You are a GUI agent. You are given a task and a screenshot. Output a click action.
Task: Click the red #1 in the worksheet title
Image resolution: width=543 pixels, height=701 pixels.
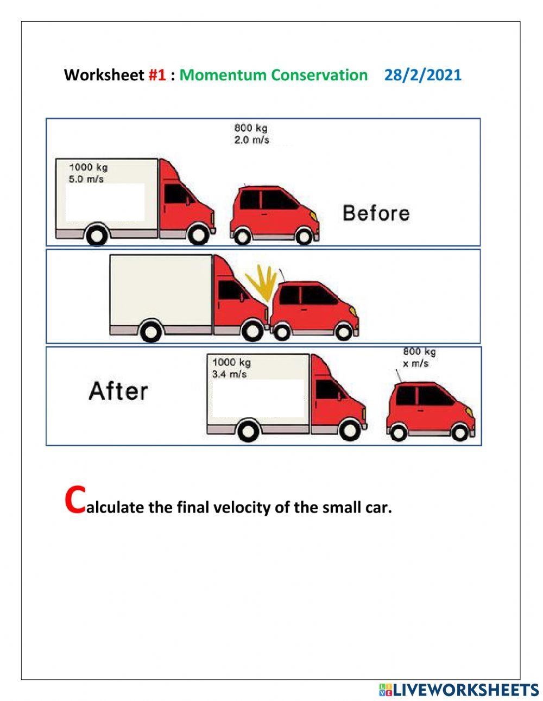[157, 75]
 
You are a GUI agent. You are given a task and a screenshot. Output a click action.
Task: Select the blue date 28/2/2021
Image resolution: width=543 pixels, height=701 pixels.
[423, 75]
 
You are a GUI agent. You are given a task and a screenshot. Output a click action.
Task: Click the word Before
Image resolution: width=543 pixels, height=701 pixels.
[376, 213]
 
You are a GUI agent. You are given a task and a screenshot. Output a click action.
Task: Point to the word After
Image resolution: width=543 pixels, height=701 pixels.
[118, 391]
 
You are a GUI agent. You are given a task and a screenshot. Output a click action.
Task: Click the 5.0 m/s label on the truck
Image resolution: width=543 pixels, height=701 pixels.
[86, 179]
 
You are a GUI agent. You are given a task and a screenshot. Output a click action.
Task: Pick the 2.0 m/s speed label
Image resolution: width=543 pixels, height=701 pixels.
[251, 140]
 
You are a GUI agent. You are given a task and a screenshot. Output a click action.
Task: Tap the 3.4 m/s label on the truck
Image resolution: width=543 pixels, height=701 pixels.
[229, 374]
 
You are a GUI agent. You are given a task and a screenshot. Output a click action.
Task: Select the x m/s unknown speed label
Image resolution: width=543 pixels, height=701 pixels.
[415, 364]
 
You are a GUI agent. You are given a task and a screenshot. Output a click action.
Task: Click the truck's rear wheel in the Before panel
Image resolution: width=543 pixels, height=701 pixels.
[97, 236]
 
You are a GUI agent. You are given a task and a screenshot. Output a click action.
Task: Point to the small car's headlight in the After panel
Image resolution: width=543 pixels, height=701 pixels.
[470, 412]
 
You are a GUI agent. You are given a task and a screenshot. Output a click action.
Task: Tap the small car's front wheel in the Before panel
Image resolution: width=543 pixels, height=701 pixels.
[304, 237]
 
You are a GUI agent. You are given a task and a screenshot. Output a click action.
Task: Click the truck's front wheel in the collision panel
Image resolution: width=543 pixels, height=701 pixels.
[252, 330]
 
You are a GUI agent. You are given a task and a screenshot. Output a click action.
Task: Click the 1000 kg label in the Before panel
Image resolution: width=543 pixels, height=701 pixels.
[89, 167]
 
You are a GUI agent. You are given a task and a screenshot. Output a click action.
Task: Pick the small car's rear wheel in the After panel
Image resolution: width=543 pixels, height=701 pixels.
[399, 432]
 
